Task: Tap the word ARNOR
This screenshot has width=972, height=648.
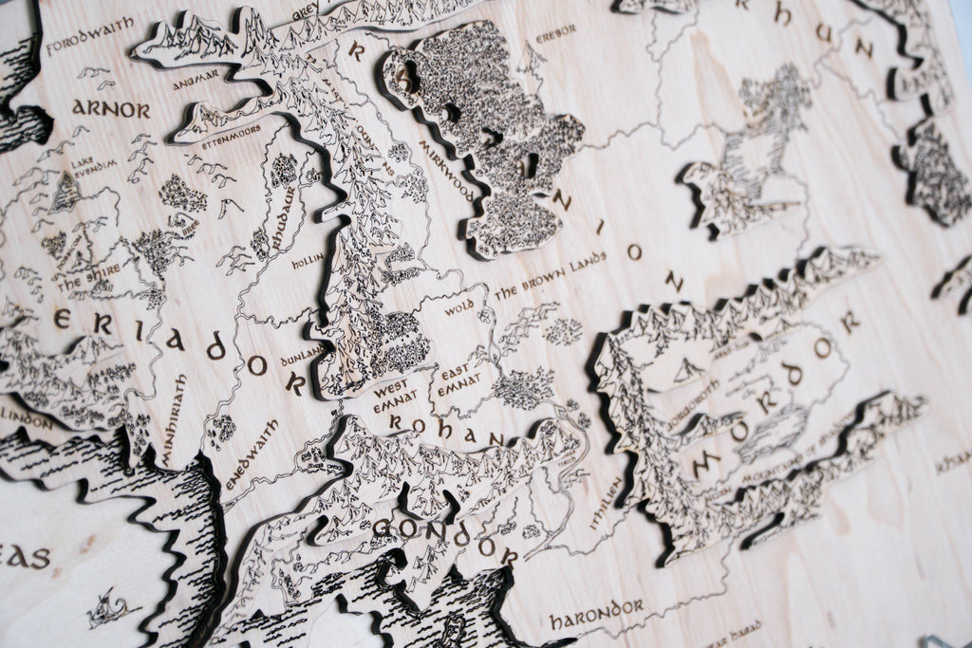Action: pyautogui.click(x=111, y=109)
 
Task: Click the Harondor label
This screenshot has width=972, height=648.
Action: pyautogui.click(x=596, y=613)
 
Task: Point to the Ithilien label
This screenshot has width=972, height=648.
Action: pyautogui.click(x=608, y=497)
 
